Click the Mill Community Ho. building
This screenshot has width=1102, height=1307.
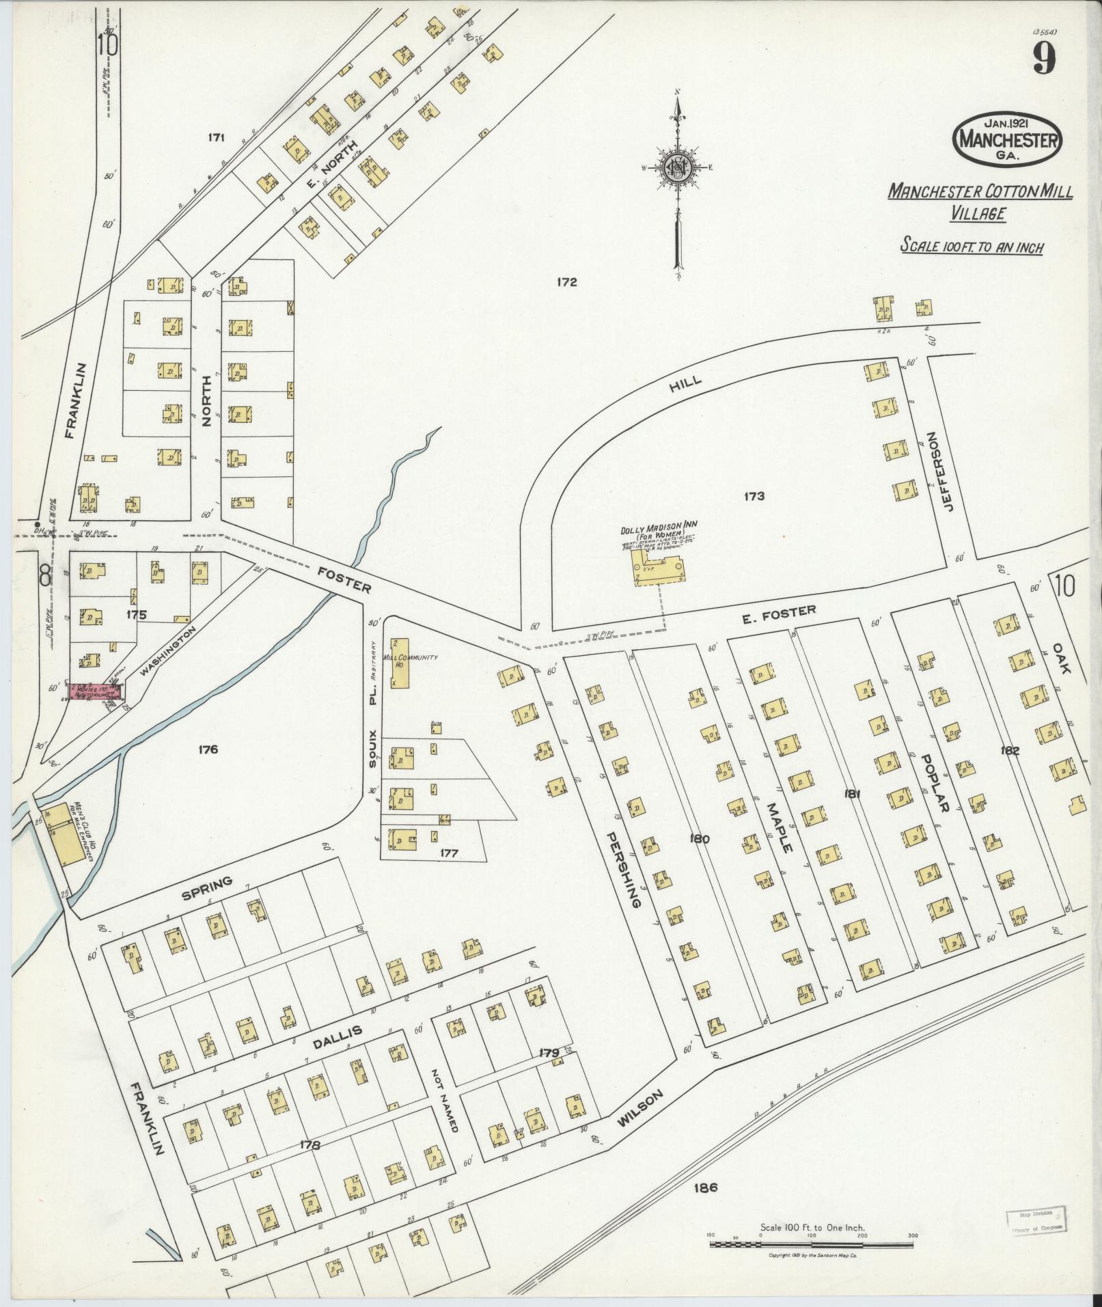[400, 662]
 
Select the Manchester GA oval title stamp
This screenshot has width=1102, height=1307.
[1008, 139]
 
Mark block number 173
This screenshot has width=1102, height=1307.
[754, 496]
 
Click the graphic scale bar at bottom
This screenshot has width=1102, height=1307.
[812, 1244]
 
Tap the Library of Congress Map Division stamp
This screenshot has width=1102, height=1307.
[1035, 1222]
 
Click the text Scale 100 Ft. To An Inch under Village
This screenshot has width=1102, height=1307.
[971, 245]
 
